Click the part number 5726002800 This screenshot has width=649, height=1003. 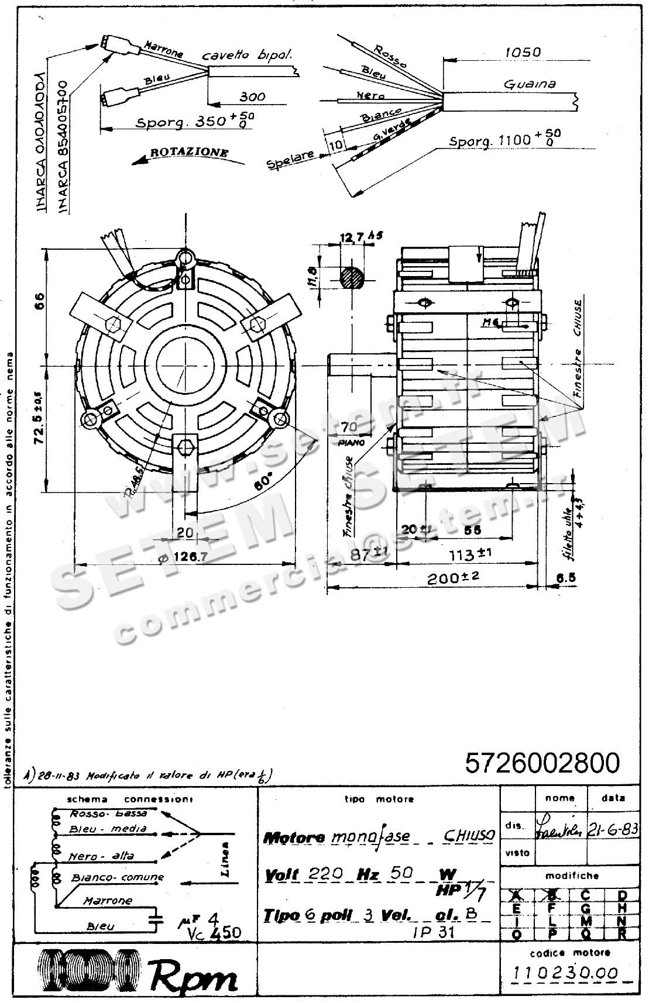(x=542, y=763)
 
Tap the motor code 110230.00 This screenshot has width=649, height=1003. (x=565, y=973)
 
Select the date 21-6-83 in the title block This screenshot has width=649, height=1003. (x=612, y=829)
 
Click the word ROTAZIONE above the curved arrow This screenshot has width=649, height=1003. (x=189, y=152)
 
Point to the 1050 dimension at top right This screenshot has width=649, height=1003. (x=523, y=52)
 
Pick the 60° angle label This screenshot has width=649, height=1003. (x=264, y=481)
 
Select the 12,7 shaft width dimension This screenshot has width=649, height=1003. (x=353, y=237)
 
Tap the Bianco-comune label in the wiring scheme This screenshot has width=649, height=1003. (x=118, y=877)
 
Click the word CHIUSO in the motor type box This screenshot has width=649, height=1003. (x=469, y=835)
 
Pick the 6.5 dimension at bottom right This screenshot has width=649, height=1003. (x=565, y=577)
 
